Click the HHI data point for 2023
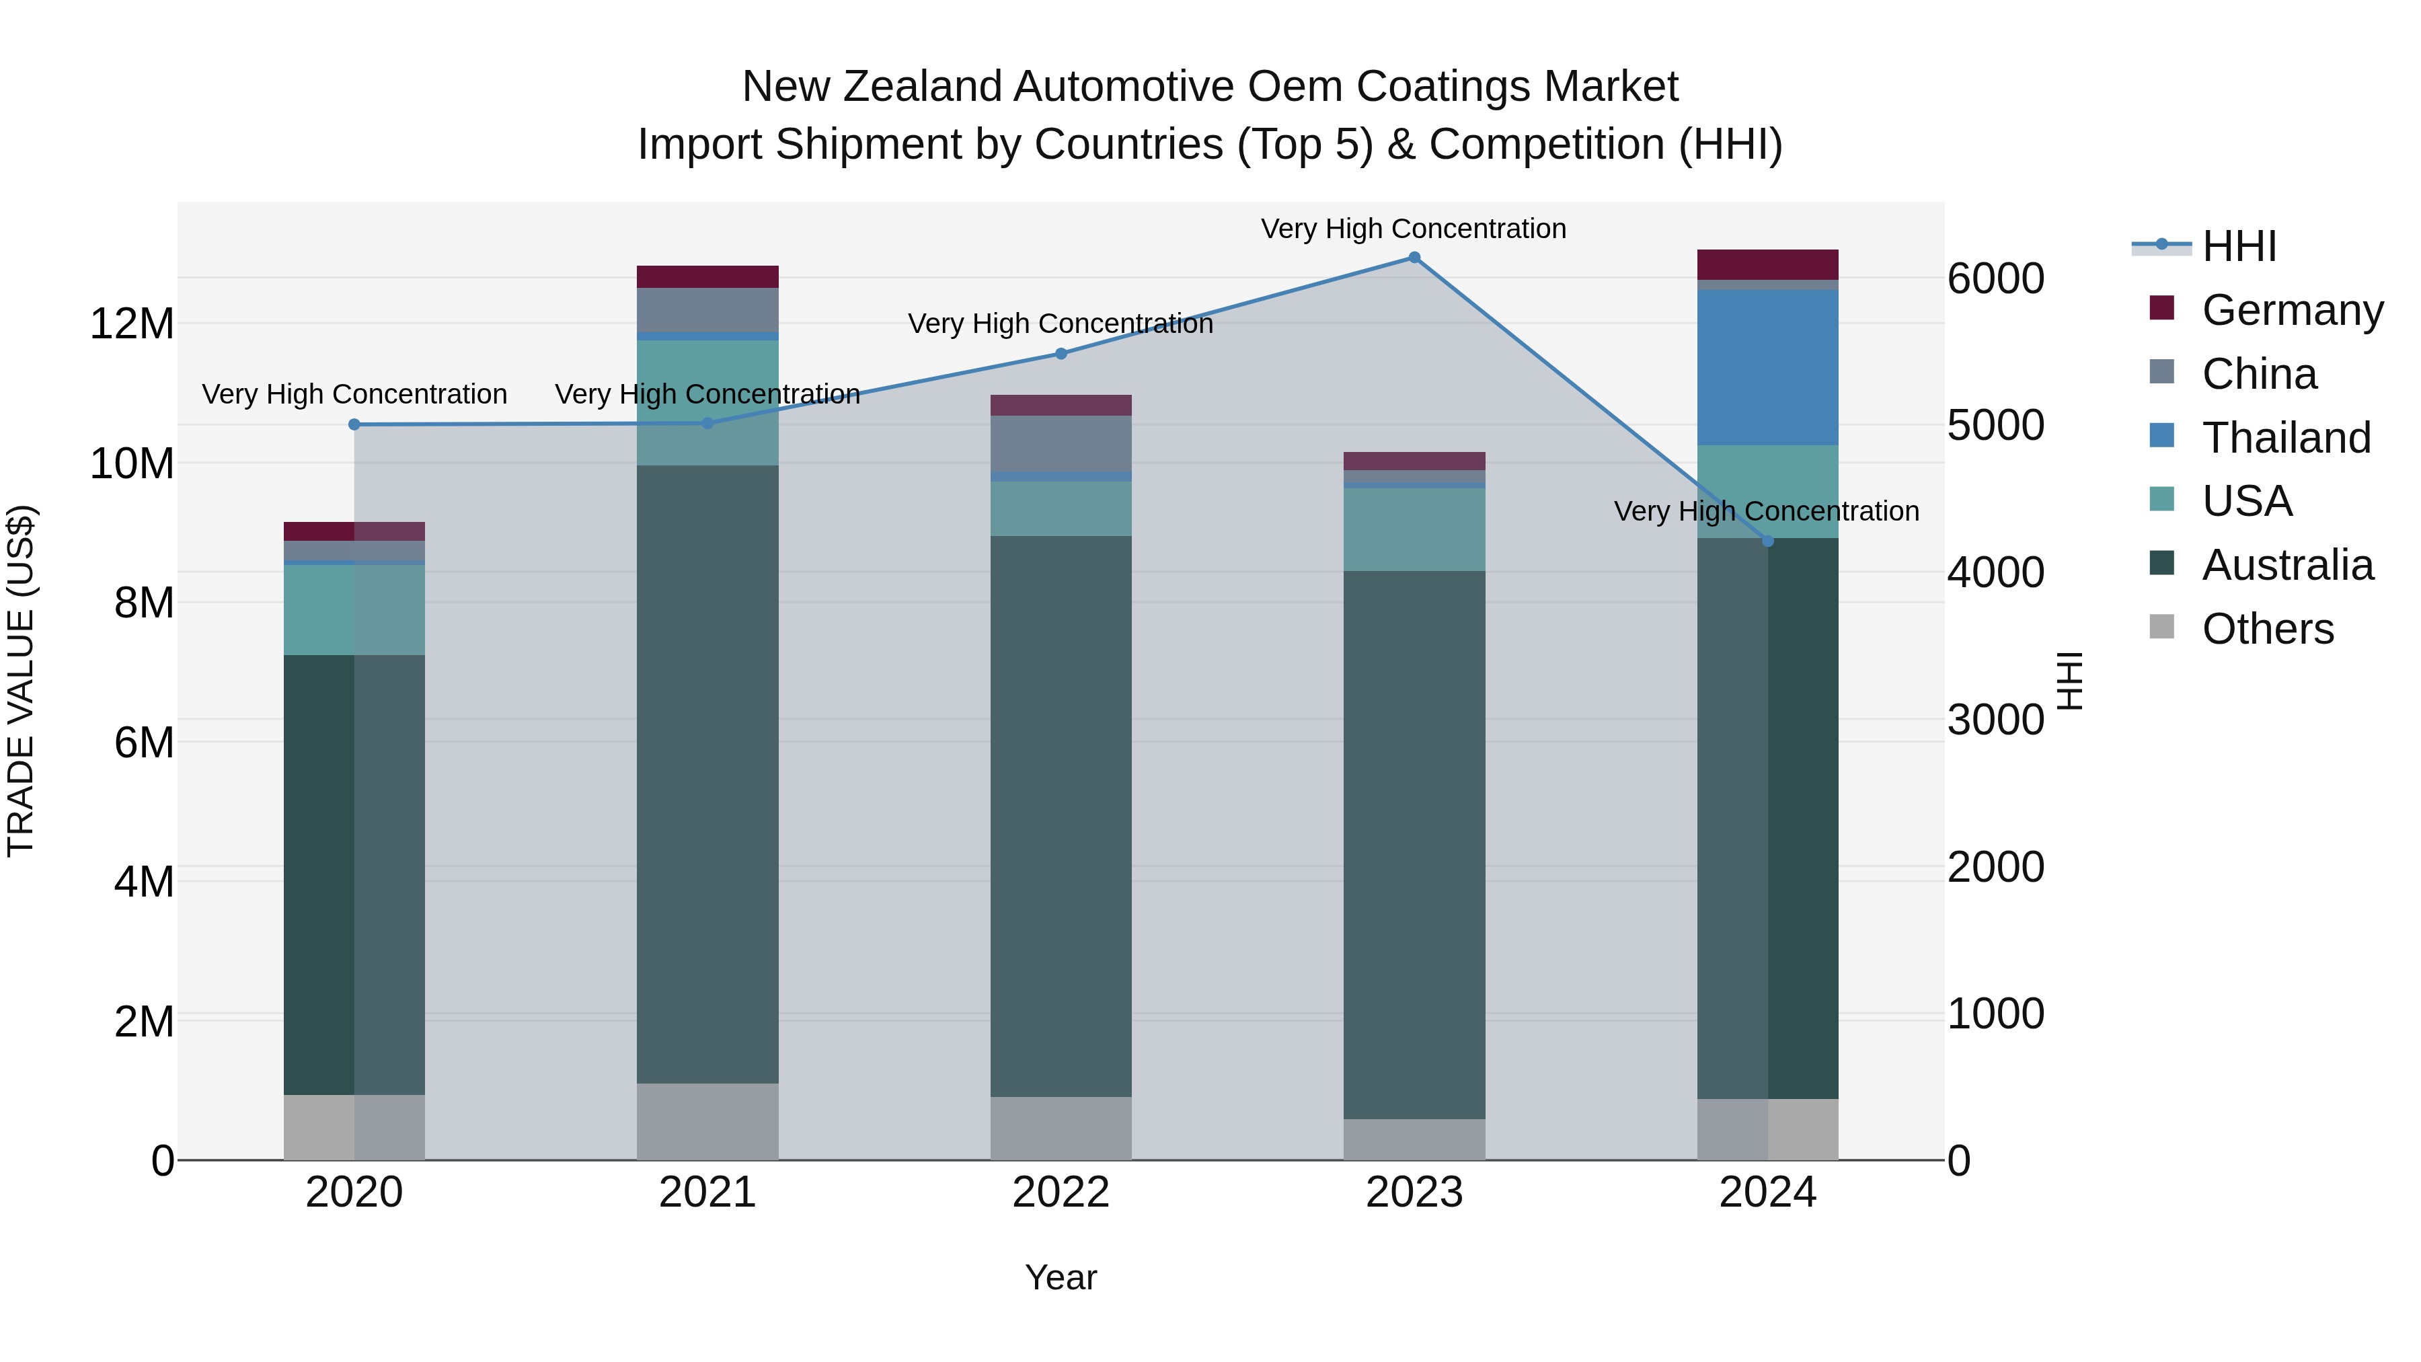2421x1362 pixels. pyautogui.click(x=1414, y=258)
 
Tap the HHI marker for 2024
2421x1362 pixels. pyautogui.click(x=1767, y=541)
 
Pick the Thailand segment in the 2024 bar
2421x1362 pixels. pyautogui.click(x=1767, y=367)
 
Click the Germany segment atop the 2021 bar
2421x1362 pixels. pyautogui.click(x=707, y=276)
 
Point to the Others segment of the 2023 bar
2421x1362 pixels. pyautogui.click(x=1414, y=1139)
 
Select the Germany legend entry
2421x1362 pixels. pyautogui.click(x=2291, y=310)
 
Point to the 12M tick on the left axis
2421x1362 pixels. pyautogui.click(x=132, y=324)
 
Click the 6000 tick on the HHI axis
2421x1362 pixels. pyautogui.click(x=1995, y=279)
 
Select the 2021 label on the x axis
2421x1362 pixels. pyautogui.click(x=707, y=1193)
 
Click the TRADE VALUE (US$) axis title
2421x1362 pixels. pyautogui.click(x=21, y=681)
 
